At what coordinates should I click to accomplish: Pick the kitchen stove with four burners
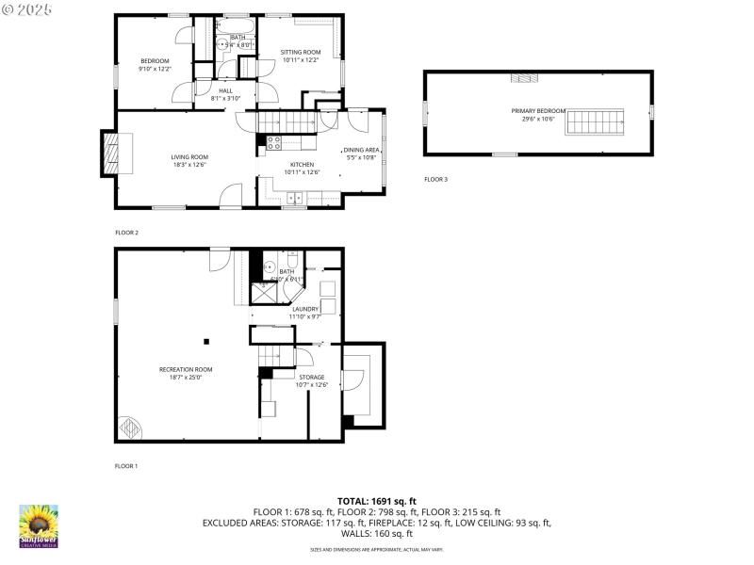(274, 143)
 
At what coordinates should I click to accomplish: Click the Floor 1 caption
(126, 466)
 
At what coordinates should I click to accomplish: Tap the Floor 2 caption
(126, 232)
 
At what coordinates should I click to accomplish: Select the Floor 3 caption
(435, 179)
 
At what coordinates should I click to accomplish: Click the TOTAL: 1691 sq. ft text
(377, 501)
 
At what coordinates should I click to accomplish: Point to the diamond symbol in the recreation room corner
(130, 429)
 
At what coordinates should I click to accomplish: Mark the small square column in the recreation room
(212, 343)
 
